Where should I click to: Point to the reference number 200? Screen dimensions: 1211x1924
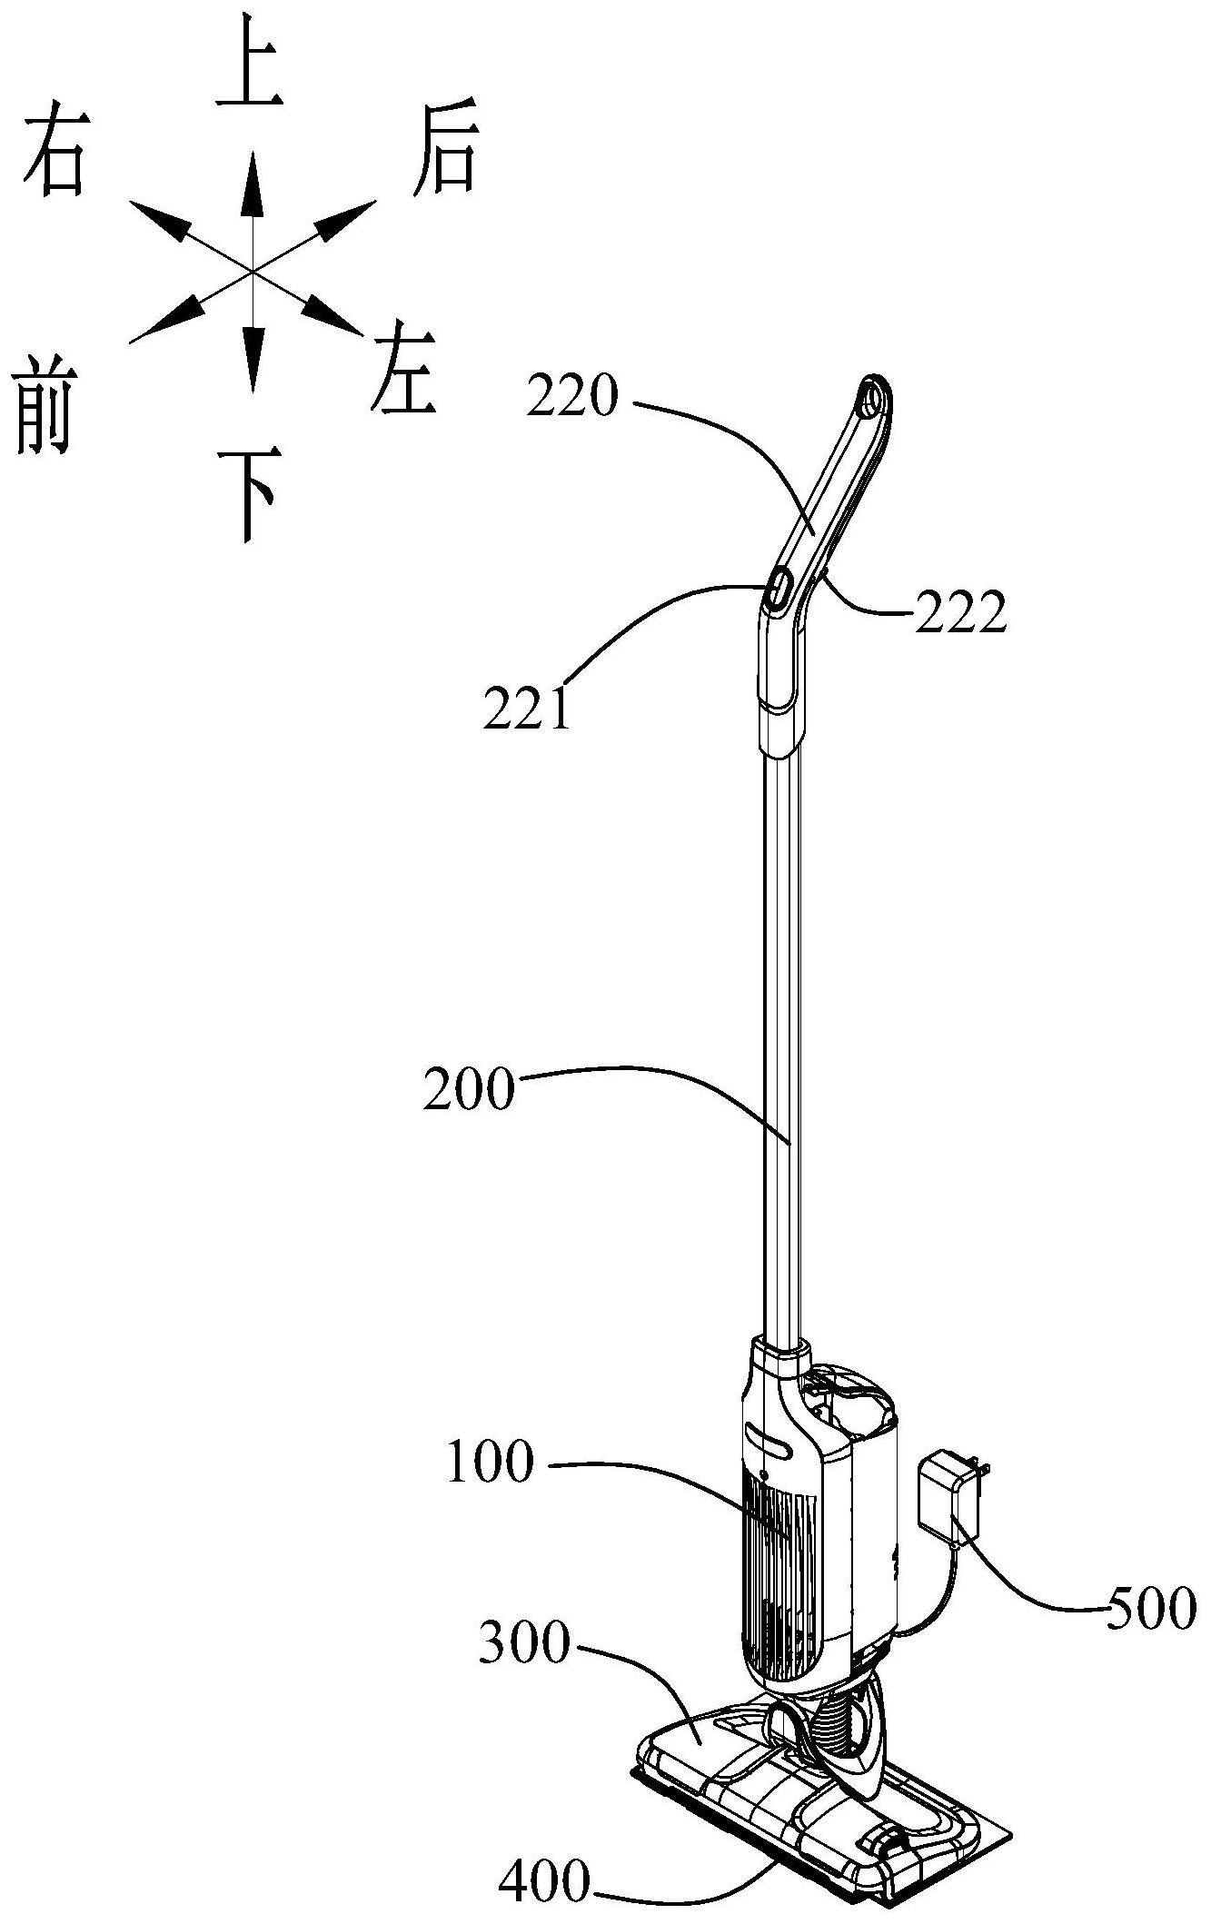point(469,1089)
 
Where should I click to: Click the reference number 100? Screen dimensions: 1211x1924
point(491,1463)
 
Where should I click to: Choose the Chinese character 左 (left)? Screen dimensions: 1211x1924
point(401,370)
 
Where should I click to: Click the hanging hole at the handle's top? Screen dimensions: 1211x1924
point(869,400)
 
